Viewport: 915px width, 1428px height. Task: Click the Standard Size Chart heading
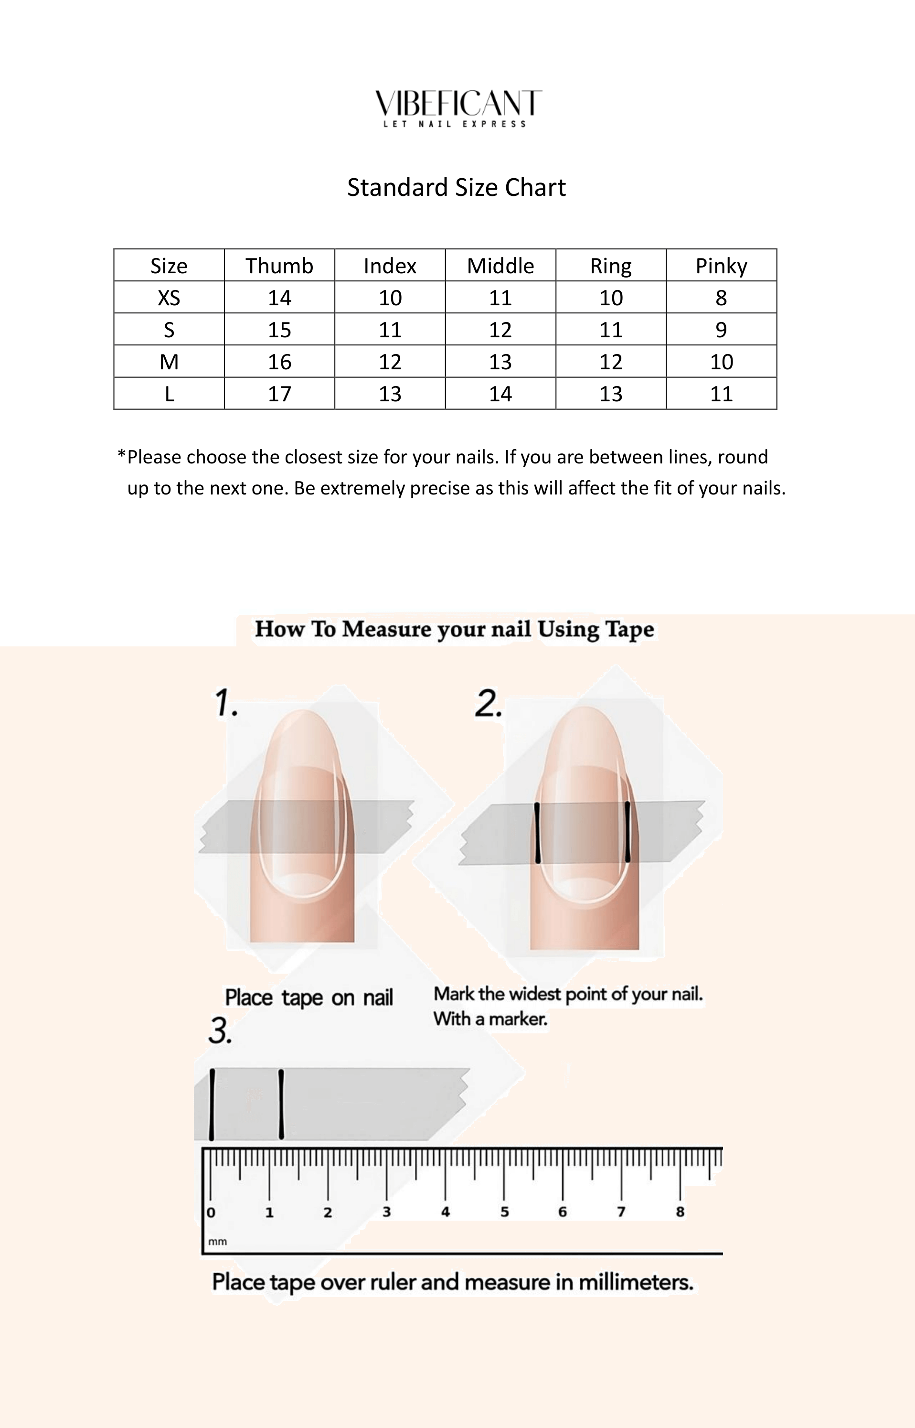point(457,187)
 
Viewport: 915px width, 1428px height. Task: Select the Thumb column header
point(279,266)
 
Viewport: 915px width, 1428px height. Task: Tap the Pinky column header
point(721,266)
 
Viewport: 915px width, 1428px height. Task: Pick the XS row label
point(169,298)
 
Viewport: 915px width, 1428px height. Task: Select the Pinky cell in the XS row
point(721,298)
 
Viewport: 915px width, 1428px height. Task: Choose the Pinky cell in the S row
point(721,330)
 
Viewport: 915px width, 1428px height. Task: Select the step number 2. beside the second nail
point(489,704)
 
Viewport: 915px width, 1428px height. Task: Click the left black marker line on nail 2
point(537,832)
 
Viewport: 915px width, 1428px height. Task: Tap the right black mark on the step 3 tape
point(281,1104)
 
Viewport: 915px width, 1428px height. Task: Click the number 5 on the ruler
point(504,1212)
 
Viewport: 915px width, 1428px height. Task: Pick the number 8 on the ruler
point(680,1212)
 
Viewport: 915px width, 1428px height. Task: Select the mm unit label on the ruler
point(217,1241)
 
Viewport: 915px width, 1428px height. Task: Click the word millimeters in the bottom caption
point(636,1282)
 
